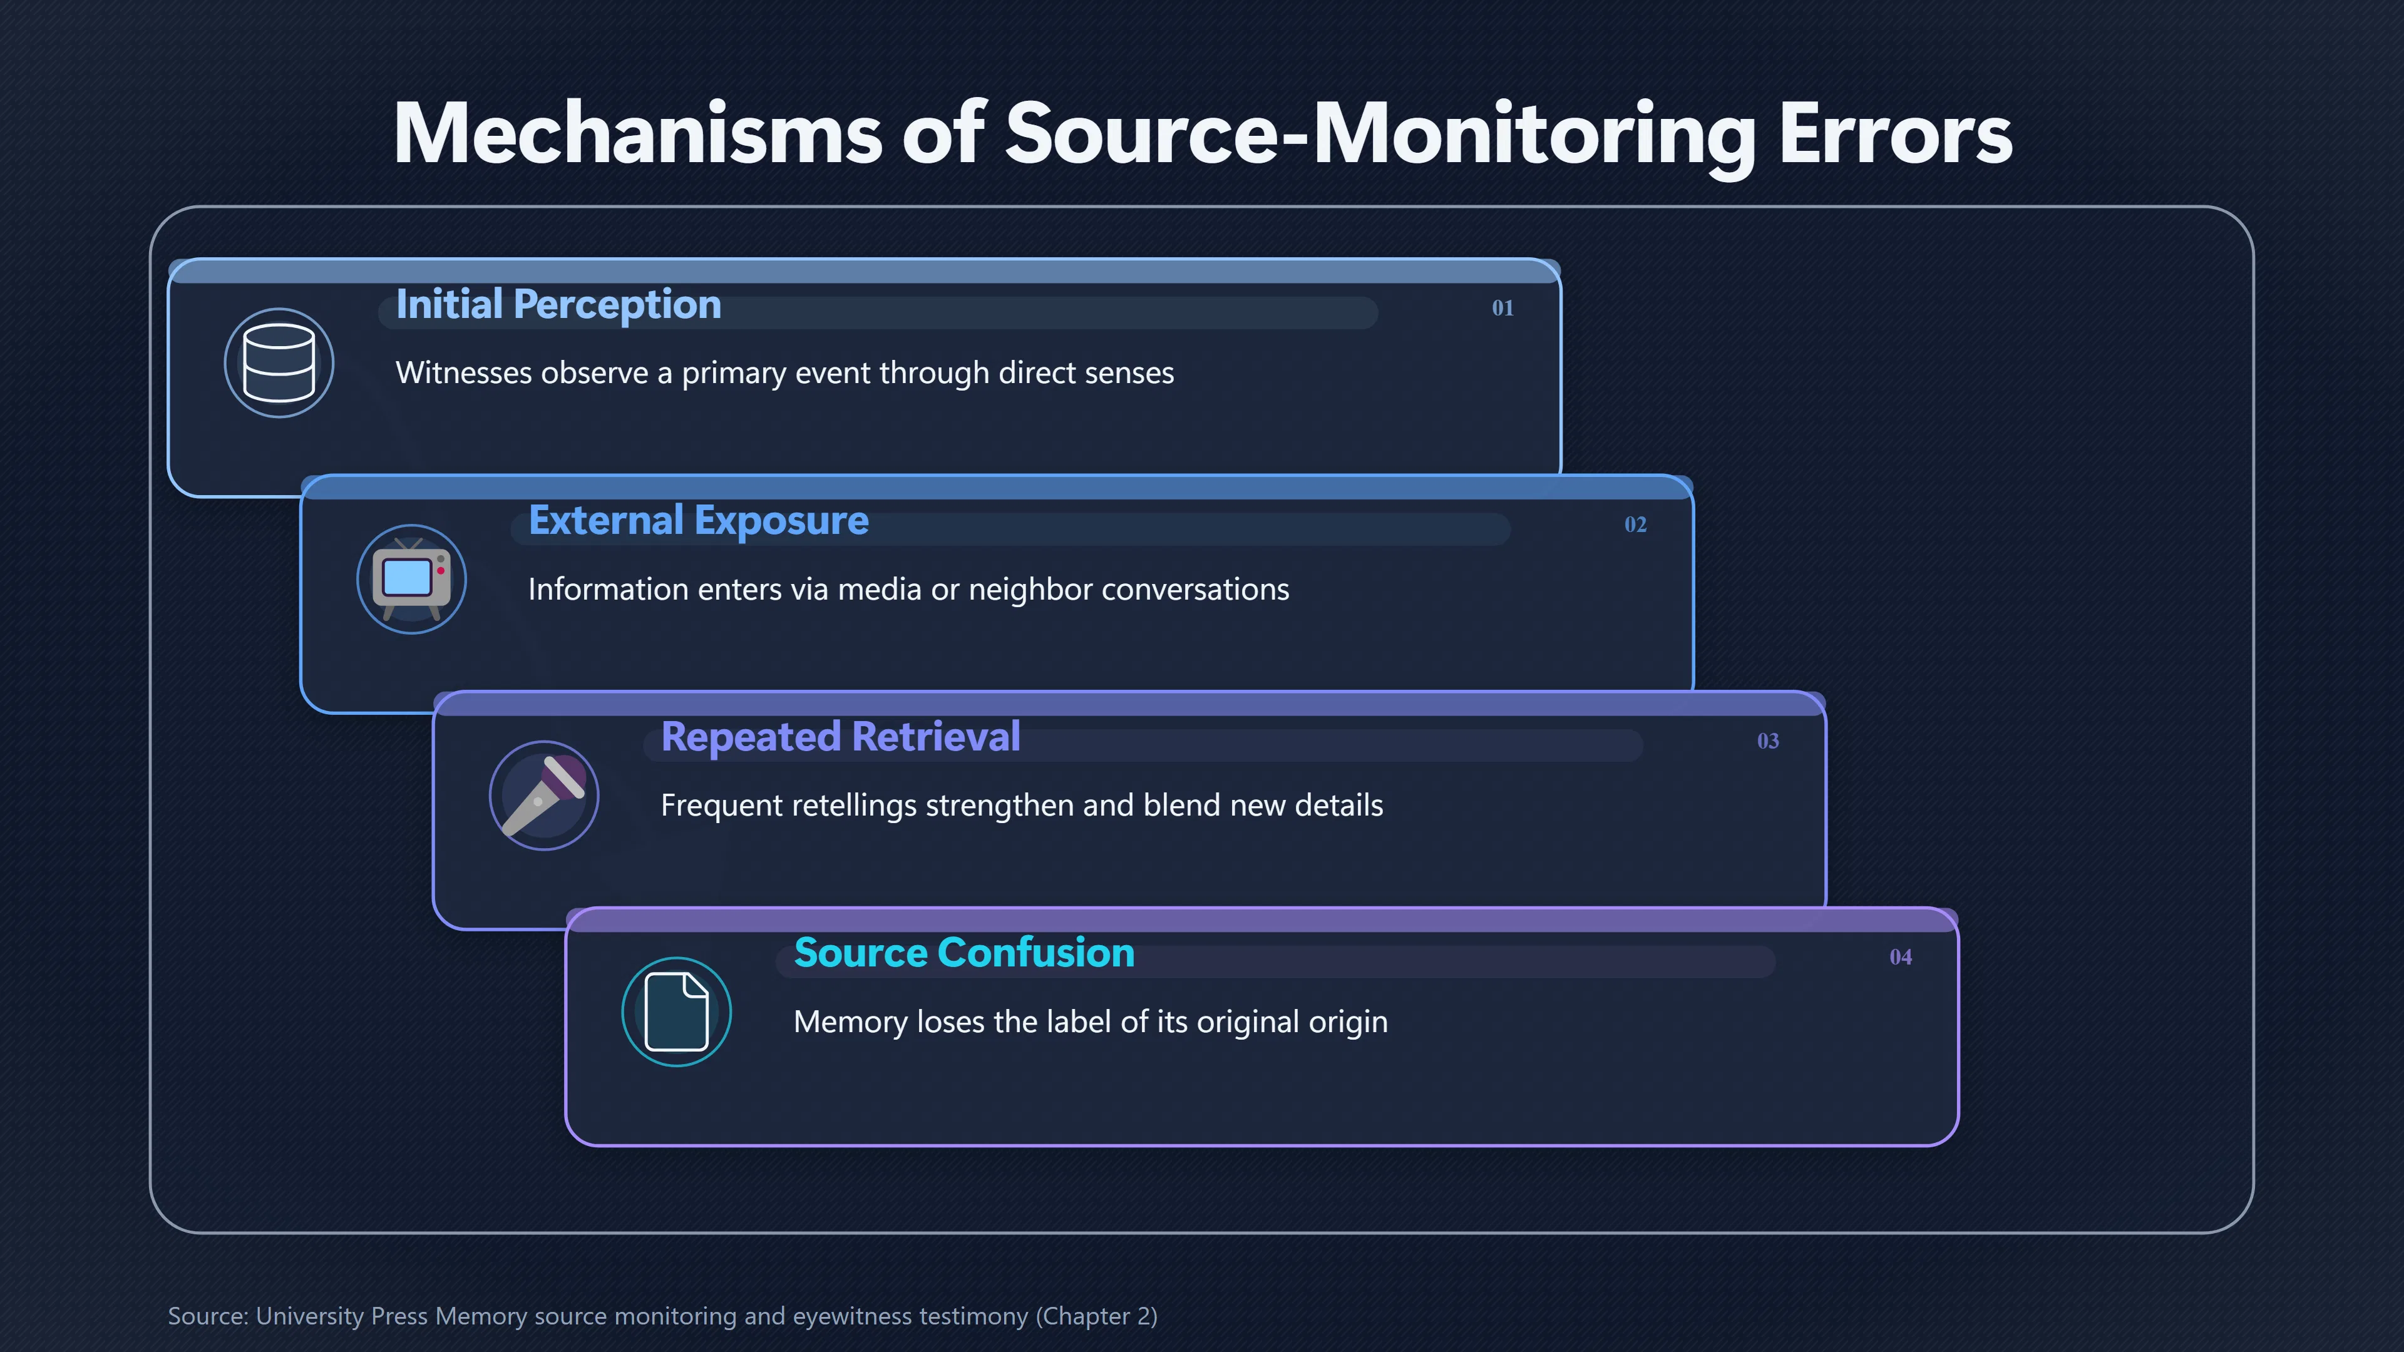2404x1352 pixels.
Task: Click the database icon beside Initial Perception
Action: pyautogui.click(x=279, y=363)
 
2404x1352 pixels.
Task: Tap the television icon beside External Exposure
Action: pyautogui.click(x=411, y=580)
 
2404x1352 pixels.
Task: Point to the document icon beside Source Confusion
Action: pyautogui.click(x=677, y=1012)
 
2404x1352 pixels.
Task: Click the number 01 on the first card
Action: pyautogui.click(x=1503, y=308)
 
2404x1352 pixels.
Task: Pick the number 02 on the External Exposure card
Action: pyautogui.click(x=1635, y=525)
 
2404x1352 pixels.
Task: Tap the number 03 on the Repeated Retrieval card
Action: pyautogui.click(x=1767, y=741)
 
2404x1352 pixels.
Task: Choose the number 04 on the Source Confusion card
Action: pyautogui.click(x=1900, y=957)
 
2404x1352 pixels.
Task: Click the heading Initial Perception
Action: pyautogui.click(x=558, y=305)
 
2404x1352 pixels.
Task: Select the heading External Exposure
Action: pyautogui.click(x=698, y=521)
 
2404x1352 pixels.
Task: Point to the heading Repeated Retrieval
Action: pyautogui.click(x=840, y=737)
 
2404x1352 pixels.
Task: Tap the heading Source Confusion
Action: pyautogui.click(x=964, y=953)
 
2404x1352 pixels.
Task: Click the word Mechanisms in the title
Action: pyautogui.click(x=637, y=133)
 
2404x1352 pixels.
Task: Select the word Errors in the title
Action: pyautogui.click(x=1896, y=133)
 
